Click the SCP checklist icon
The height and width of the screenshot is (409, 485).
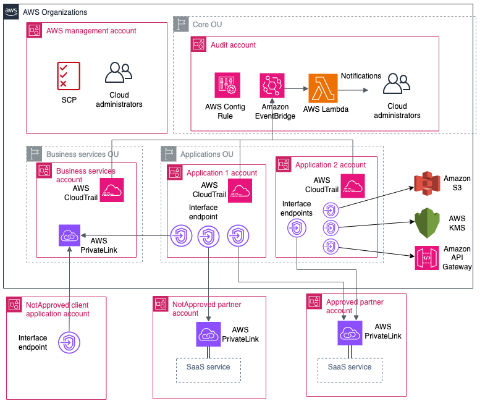point(69,76)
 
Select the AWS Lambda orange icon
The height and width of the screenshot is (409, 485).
point(323,87)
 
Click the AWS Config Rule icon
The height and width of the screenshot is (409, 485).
point(227,85)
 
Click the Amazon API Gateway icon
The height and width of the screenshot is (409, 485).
point(426,258)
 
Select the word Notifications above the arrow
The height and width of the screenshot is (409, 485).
point(361,76)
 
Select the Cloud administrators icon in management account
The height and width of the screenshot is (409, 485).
point(117,74)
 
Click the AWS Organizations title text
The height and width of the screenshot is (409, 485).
point(55,12)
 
